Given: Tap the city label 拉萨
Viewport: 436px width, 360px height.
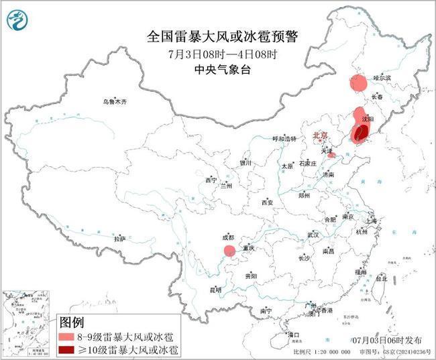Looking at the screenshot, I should [x=119, y=239].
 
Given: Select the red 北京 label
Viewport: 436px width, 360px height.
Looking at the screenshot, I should [x=321, y=136].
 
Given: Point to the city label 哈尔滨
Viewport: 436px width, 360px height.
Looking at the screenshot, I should [x=380, y=78].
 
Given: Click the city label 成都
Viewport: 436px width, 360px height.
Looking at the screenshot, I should [x=227, y=237].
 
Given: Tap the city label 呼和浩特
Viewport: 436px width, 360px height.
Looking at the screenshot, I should [x=284, y=139].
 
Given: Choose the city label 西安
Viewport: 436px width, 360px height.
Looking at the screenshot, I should [x=268, y=202].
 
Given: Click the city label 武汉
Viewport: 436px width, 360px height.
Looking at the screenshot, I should [x=313, y=235].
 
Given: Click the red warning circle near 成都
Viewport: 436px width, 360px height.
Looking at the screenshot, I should [x=229, y=251].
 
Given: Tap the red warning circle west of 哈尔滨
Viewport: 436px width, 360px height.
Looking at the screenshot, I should [x=358, y=84].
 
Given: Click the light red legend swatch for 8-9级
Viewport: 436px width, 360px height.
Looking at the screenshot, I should [x=66, y=336].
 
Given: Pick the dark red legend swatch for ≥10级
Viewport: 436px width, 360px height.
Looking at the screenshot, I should [x=66, y=349].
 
